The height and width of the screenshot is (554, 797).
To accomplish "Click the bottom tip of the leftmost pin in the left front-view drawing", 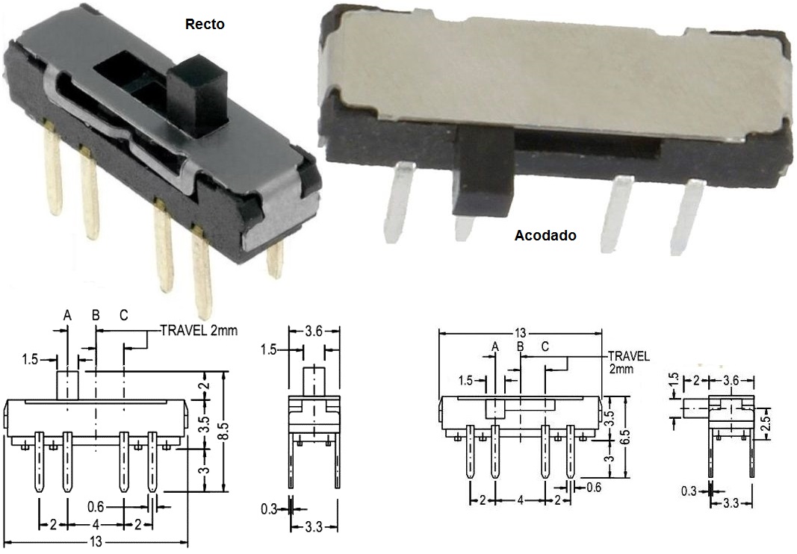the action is pyautogui.click(x=39, y=492).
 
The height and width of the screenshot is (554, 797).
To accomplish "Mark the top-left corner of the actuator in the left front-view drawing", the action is pyautogui.click(x=57, y=372).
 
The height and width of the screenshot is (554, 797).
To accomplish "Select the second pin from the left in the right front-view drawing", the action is pyautogui.click(x=495, y=451).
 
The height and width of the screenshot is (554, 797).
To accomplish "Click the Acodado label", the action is pyautogui.click(x=545, y=235).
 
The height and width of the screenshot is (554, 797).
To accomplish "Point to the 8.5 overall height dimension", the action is pyautogui.click(x=226, y=432).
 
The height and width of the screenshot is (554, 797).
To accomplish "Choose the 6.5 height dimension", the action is pyautogui.click(x=625, y=437).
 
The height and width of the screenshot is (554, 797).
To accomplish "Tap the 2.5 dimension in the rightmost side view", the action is pyautogui.click(x=766, y=422).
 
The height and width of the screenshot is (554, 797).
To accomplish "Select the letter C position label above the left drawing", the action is pyautogui.click(x=124, y=316).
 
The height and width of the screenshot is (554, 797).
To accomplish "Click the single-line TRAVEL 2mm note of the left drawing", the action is pyautogui.click(x=199, y=330).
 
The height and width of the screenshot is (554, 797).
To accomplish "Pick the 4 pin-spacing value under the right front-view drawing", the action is pyautogui.click(x=521, y=501).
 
